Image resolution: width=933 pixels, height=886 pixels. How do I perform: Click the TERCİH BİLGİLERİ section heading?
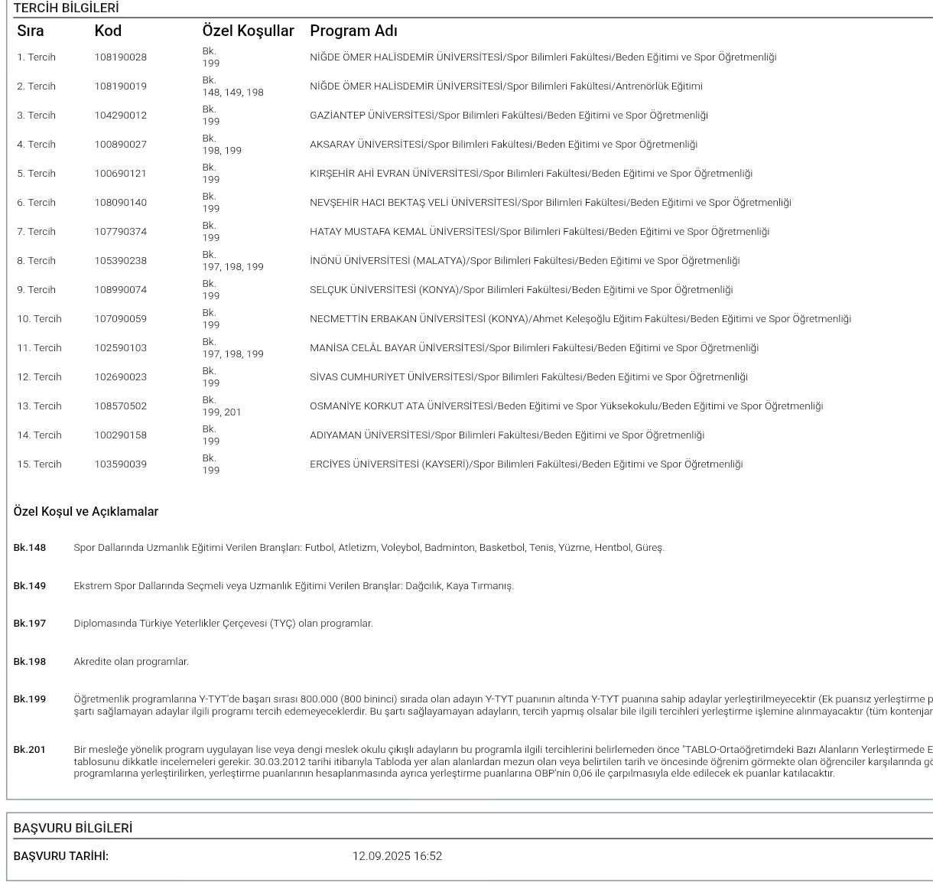(66, 8)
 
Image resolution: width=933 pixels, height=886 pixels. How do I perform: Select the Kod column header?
(108, 31)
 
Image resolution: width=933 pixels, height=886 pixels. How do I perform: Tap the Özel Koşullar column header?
(248, 31)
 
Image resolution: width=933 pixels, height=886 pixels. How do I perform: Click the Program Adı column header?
(353, 31)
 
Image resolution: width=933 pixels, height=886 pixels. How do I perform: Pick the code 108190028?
(120, 57)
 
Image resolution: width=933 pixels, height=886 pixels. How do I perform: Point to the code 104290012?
(120, 116)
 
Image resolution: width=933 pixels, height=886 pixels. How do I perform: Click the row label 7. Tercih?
(36, 232)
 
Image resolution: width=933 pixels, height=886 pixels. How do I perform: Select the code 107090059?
(120, 319)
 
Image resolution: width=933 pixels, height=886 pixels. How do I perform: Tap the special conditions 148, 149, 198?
(232, 93)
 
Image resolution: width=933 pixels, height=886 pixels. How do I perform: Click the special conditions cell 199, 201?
(222, 412)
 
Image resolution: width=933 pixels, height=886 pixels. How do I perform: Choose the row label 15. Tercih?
(39, 464)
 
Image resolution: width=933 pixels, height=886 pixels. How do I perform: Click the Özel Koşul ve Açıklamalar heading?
(86, 512)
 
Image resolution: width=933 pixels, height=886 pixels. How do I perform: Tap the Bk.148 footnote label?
(30, 548)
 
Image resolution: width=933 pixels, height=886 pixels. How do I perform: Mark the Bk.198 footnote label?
(30, 662)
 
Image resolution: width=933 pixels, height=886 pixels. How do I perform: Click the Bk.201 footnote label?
(30, 750)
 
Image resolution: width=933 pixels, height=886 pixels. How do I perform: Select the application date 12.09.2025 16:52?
(397, 856)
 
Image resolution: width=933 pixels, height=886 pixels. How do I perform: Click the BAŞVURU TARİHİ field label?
(61, 856)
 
